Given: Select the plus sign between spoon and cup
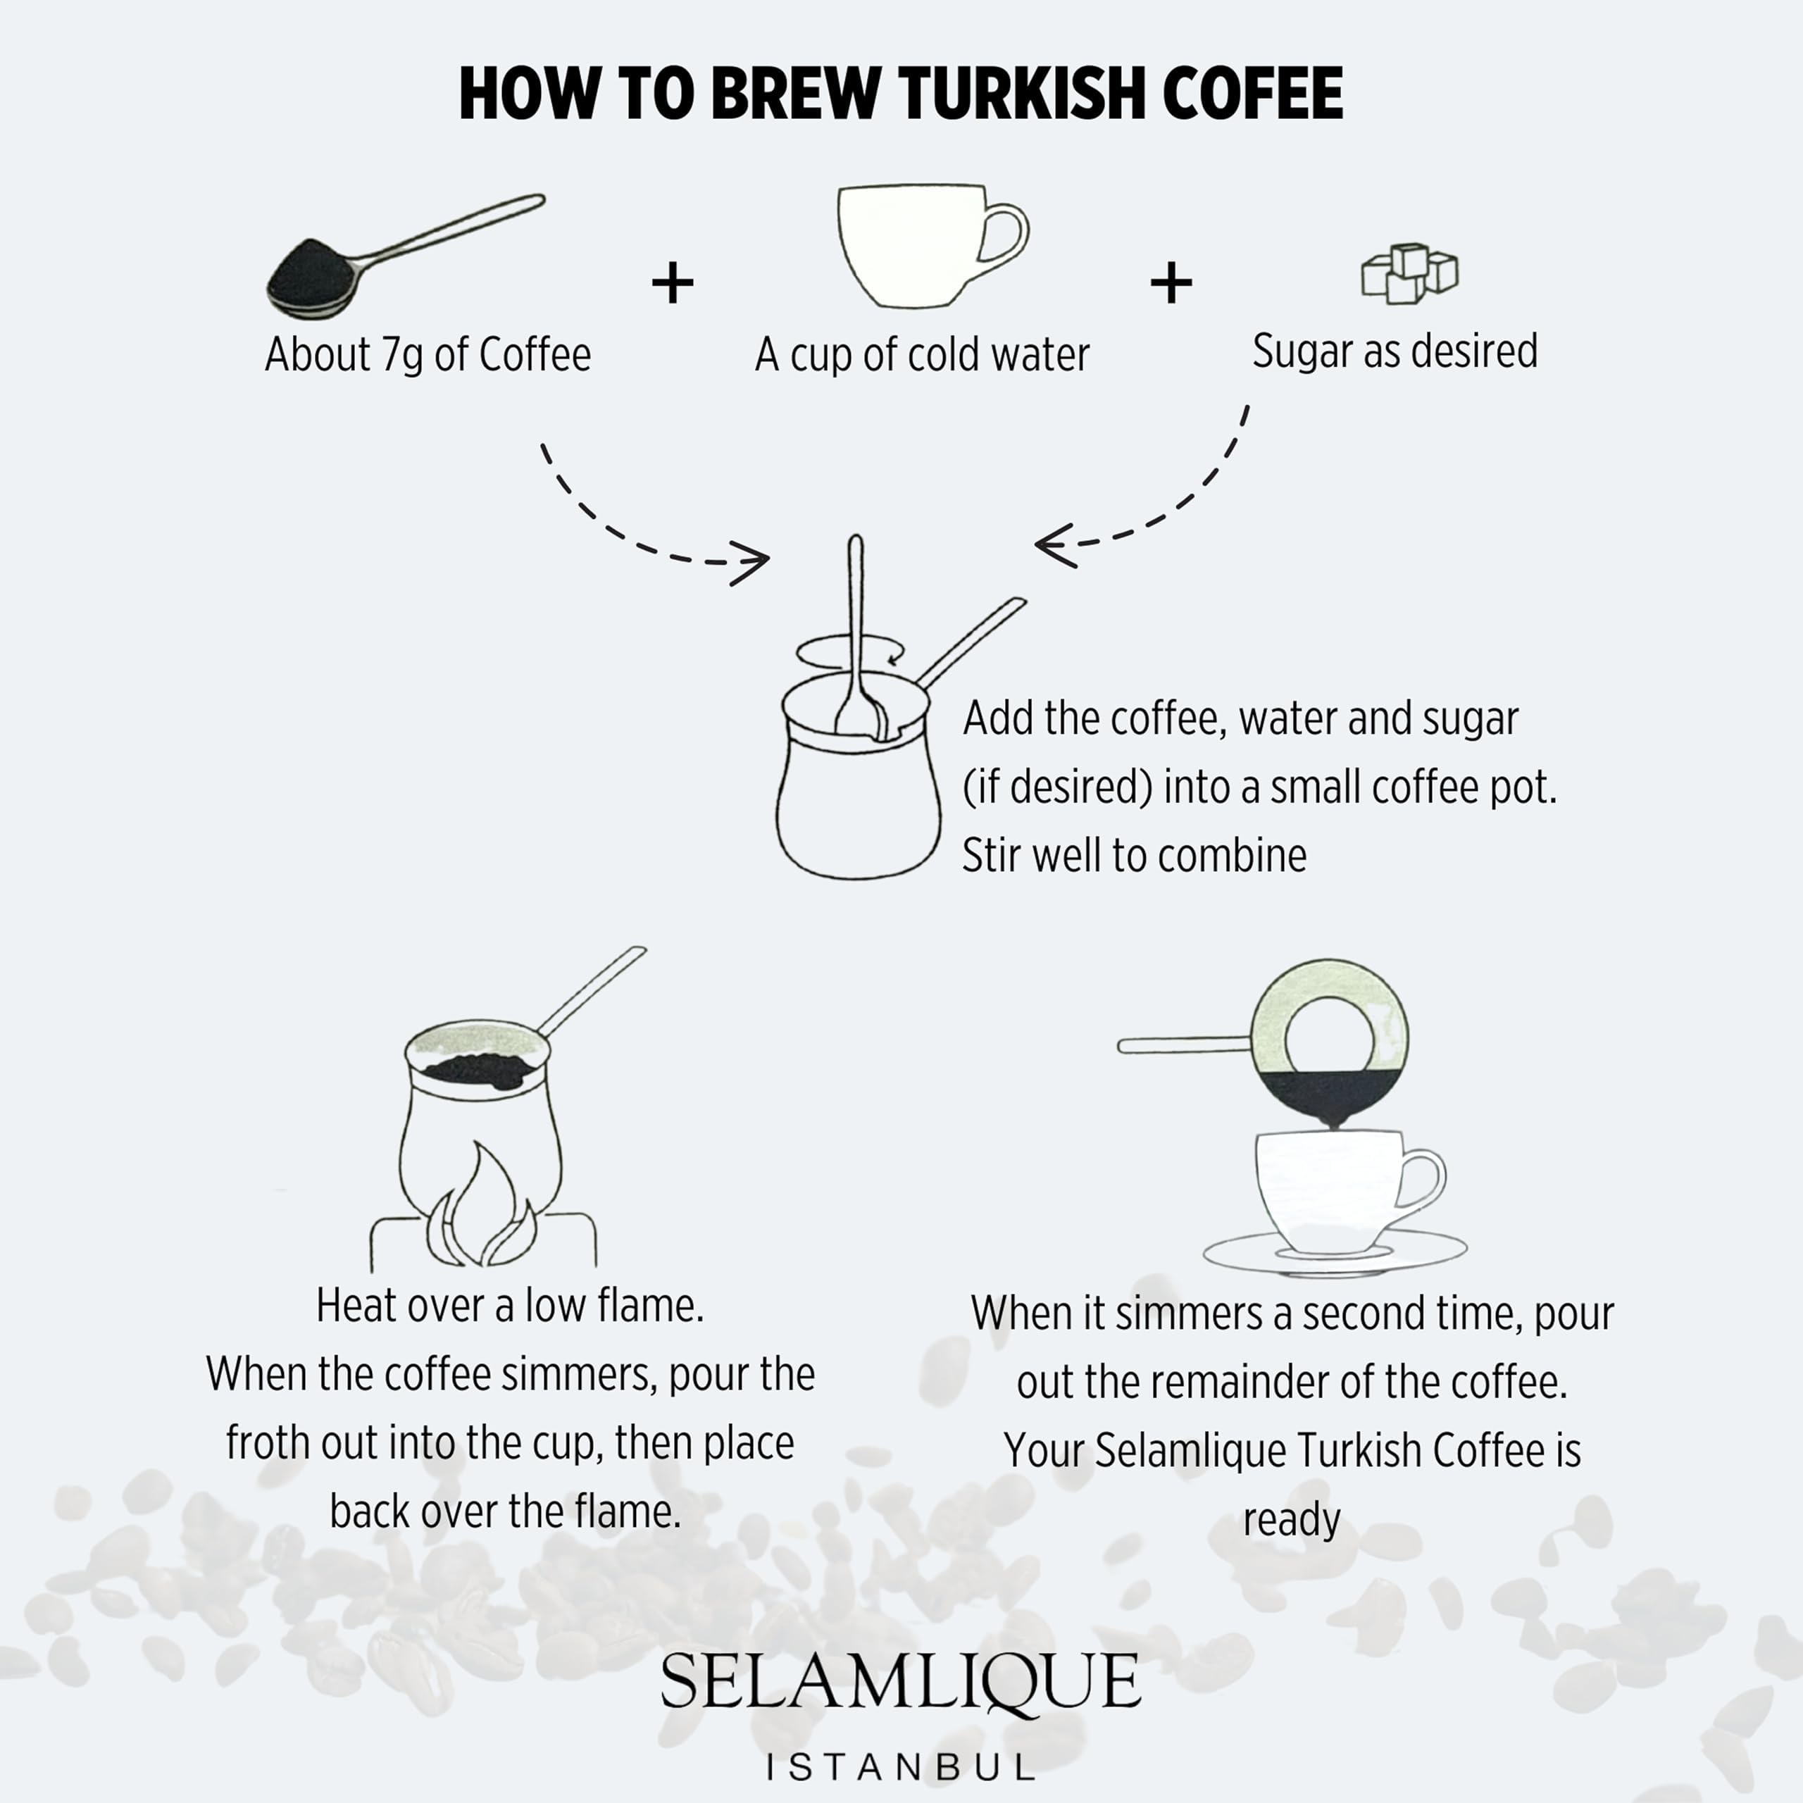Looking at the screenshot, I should click(x=672, y=282).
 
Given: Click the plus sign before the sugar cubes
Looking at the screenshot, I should click(x=1171, y=282).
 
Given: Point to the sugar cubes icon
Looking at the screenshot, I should click(x=1409, y=273).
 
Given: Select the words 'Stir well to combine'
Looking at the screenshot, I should click(x=1133, y=856).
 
